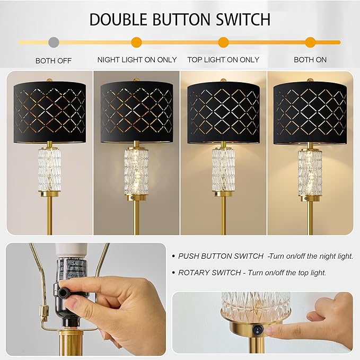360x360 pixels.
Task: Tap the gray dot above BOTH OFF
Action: tap(54, 41)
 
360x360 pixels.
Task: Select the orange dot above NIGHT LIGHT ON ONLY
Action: tap(137, 42)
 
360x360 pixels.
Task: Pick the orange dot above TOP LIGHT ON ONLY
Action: tap(223, 42)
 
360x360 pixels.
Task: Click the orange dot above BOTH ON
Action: tap(310, 42)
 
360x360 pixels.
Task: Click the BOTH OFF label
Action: tap(54, 60)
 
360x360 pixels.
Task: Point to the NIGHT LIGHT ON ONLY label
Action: tap(137, 59)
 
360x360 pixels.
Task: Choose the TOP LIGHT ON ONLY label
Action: tap(223, 59)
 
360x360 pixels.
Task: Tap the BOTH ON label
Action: tap(310, 59)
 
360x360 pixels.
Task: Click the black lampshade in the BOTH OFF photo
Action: tap(49, 111)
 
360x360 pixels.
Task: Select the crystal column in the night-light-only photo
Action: tap(136, 170)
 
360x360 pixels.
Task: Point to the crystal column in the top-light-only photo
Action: tap(223, 170)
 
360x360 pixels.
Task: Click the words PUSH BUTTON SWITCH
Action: tap(221, 256)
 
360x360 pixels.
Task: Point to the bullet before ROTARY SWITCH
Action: tap(174, 273)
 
